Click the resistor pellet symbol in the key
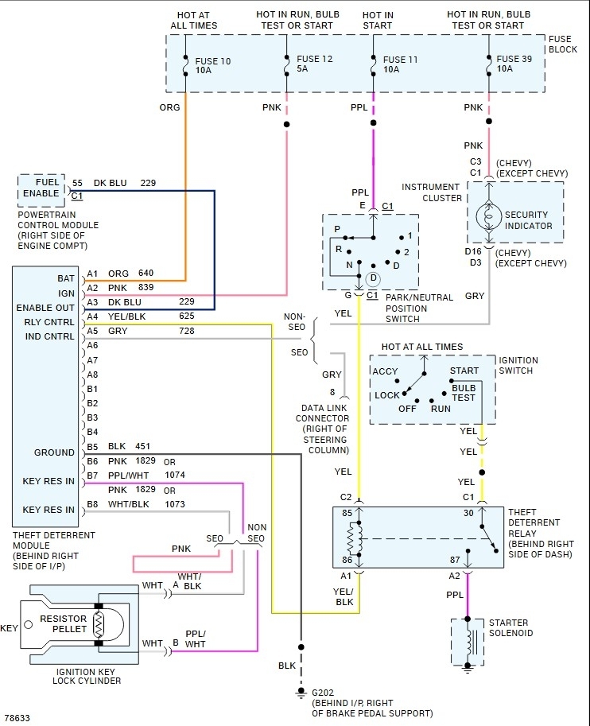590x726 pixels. tap(99, 625)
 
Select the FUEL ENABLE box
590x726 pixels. tap(41, 188)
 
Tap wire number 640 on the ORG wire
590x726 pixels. tap(146, 274)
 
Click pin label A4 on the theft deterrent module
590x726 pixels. tap(92, 316)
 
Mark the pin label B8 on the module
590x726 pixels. tap(92, 504)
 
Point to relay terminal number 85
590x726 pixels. tap(346, 513)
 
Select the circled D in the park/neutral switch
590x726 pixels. tap(373, 278)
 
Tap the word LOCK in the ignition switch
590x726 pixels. tap(387, 395)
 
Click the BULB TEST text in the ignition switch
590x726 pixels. tap(464, 391)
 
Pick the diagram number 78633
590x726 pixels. tap(17, 717)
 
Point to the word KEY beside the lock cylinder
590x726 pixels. tap(10, 628)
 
